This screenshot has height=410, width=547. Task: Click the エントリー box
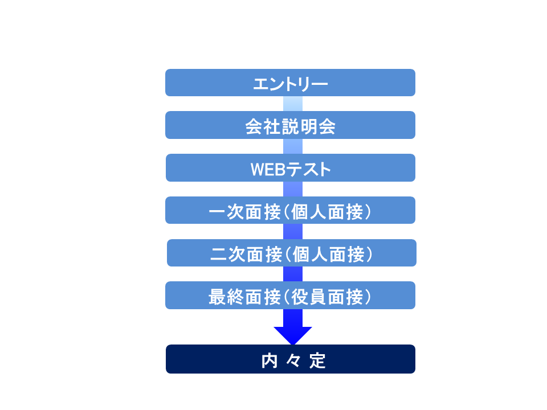pos(290,83)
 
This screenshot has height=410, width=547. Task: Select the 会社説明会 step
pos(290,125)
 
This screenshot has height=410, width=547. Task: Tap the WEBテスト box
pos(291,167)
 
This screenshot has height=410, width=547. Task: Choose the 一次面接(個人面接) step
pos(290,210)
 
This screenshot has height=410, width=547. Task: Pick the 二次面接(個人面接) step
pos(292,253)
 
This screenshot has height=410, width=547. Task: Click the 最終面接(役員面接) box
pos(290,296)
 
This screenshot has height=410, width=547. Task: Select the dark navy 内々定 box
pos(291,359)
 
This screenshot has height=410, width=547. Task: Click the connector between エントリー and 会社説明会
pos(293,104)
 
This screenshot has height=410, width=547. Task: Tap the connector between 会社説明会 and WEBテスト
pos(293,146)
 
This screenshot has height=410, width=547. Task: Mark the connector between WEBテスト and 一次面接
pos(293,189)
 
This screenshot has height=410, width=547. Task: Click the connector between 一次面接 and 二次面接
pos(293,232)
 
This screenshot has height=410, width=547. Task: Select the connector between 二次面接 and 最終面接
pos(293,274)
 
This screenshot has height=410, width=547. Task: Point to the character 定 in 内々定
pos(317,361)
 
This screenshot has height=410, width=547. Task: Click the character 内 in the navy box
pos(270,361)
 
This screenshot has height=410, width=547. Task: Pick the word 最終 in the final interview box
pos(226,297)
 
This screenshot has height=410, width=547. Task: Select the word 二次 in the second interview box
pos(228,255)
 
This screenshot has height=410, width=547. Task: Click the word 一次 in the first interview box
pos(226,212)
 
